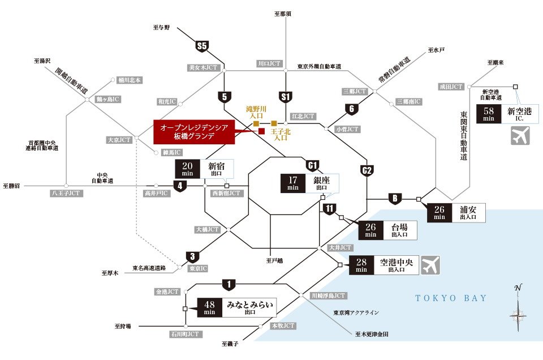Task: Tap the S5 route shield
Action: click(202, 45)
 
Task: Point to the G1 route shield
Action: click(312, 165)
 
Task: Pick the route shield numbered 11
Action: click(330, 208)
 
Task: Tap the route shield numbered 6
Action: click(352, 109)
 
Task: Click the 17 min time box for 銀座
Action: click(293, 183)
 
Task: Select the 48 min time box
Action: click(209, 308)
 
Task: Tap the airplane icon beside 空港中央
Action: click(431, 264)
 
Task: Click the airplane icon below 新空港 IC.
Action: click(520, 136)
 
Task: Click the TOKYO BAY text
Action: click(451, 298)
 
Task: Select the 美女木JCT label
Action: click(203, 67)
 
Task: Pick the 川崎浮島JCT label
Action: click(328, 295)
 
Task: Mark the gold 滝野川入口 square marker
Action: click(256, 123)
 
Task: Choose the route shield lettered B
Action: click(394, 198)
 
